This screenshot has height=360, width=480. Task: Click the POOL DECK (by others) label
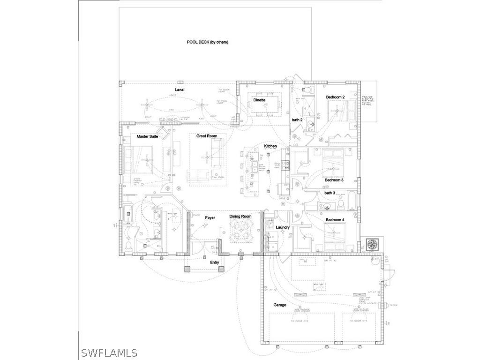click(x=207, y=42)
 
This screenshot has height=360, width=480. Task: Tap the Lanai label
click(x=179, y=89)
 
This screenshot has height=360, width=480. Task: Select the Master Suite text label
click(x=147, y=137)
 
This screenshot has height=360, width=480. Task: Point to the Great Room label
click(x=207, y=136)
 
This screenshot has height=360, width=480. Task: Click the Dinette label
click(x=259, y=100)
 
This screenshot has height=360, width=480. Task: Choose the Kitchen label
click(x=270, y=146)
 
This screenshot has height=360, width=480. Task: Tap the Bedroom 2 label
click(x=336, y=97)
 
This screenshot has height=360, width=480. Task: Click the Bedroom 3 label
click(x=334, y=180)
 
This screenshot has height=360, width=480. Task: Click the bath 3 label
click(x=330, y=193)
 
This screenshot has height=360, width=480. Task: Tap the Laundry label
click(x=283, y=227)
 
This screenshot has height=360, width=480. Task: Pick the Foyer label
click(x=210, y=217)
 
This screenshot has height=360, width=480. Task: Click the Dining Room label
click(x=240, y=217)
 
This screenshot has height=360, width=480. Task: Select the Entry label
click(x=214, y=262)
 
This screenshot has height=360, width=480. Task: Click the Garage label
click(x=280, y=305)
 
